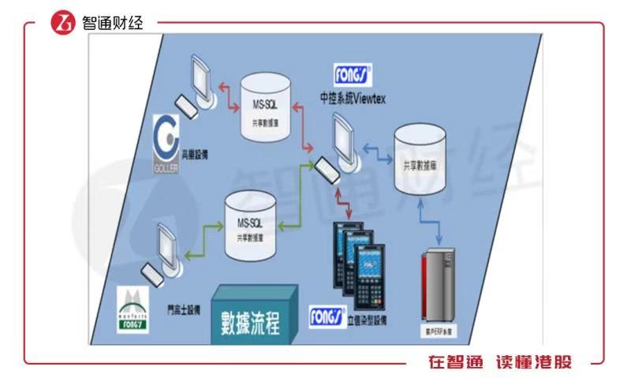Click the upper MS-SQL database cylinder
[264, 106]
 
